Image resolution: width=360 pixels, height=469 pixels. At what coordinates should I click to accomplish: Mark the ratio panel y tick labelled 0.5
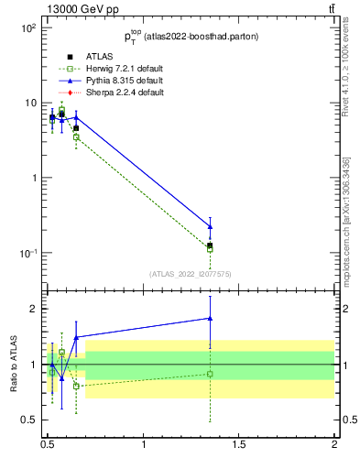29,420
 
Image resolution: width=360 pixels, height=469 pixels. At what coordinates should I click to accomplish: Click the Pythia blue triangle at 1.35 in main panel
211,226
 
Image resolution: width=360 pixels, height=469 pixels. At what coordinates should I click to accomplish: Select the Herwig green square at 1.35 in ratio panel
211,374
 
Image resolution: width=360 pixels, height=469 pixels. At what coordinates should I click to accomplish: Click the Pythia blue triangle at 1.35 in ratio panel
211,319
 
